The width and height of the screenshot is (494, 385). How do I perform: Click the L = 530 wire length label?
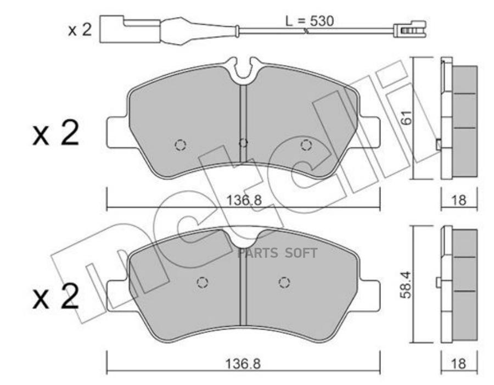click(309, 21)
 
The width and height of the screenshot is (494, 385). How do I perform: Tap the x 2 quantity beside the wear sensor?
click(80, 30)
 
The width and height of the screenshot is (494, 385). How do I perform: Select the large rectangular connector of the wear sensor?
click(130, 29)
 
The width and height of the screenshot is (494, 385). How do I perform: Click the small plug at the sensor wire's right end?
click(409, 30)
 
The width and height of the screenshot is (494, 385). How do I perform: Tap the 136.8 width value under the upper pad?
click(244, 199)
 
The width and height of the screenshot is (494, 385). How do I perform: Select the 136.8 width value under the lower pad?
click(243, 364)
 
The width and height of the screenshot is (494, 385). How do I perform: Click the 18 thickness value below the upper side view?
click(459, 200)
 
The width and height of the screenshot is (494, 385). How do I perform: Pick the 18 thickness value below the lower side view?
click(458, 364)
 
